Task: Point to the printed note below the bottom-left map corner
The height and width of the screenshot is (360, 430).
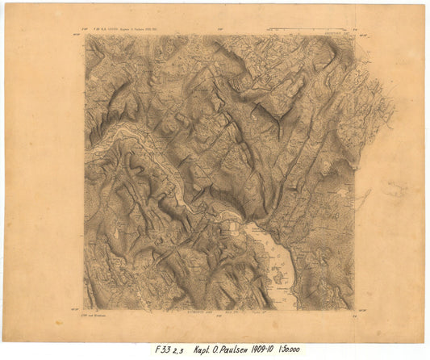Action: [97, 313]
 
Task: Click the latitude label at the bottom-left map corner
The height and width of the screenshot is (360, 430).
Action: [77, 308]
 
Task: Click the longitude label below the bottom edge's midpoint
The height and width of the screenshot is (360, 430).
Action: [219, 313]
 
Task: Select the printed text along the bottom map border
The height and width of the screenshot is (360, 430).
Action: [218, 310]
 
